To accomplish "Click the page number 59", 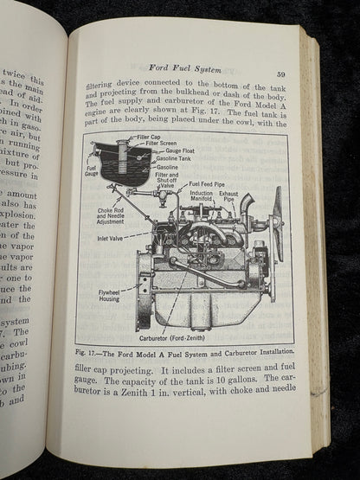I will [281, 74].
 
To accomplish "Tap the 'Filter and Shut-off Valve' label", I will [167, 179].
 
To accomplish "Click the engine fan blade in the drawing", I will [278, 223].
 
